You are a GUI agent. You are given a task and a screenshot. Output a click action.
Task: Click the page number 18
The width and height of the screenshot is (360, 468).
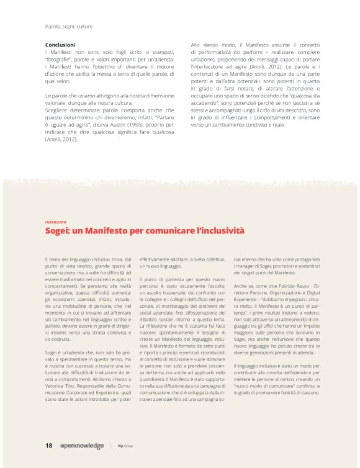(x=48, y=445)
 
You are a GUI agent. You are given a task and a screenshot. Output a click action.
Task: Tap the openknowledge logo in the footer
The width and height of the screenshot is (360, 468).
(x=81, y=446)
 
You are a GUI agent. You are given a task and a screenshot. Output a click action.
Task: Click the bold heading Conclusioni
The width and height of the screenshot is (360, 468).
(x=60, y=45)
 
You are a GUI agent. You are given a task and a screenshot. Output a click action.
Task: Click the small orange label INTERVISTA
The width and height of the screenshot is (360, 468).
(x=55, y=222)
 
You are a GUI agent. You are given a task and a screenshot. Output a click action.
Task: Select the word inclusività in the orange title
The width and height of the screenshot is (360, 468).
(x=220, y=231)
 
